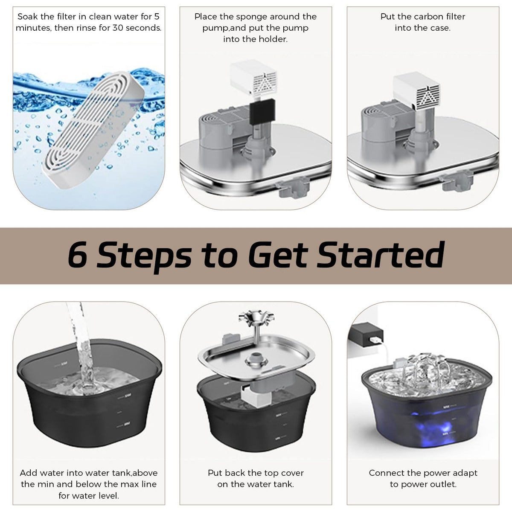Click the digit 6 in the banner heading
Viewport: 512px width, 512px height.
pyautogui.click(x=77, y=254)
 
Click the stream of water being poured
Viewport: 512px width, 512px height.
pyautogui.click(x=81, y=346)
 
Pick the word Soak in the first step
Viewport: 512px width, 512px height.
pyautogui.click(x=28, y=17)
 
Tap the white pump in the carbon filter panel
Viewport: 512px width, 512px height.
pyautogui.click(x=416, y=91)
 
